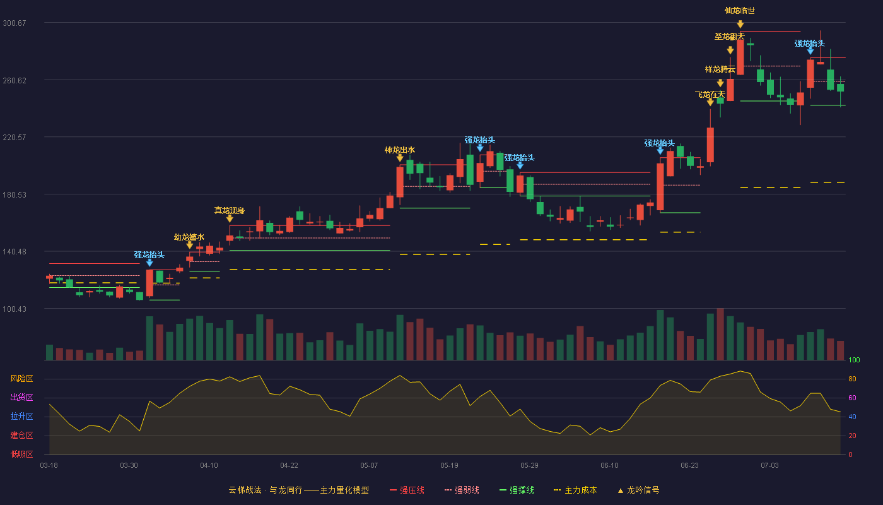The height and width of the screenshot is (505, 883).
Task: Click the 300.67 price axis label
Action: (14, 23)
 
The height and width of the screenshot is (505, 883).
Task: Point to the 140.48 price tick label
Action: (14, 251)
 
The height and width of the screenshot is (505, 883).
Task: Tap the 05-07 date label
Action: (369, 465)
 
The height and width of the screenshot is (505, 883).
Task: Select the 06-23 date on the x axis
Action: (689, 465)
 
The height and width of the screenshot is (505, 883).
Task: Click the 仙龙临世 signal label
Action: (739, 11)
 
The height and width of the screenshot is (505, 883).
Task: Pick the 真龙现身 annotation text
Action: (229, 210)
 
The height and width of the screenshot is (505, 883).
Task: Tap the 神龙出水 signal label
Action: (400, 150)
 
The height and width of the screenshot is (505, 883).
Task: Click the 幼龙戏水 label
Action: (189, 237)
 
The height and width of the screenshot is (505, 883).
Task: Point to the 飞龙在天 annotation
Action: (710, 94)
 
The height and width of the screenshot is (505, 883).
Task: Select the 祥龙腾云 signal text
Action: (720, 69)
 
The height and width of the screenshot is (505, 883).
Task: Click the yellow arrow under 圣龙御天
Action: (730, 50)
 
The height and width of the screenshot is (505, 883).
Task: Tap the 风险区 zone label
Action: (21, 378)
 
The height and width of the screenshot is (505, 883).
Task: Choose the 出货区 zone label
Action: (21, 397)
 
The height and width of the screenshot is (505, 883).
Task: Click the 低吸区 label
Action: (21, 454)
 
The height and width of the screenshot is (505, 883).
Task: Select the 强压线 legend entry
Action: (407, 490)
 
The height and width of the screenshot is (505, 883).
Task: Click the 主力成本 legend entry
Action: (575, 490)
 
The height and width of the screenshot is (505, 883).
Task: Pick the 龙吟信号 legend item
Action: (638, 490)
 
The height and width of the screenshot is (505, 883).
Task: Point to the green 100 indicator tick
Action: (854, 360)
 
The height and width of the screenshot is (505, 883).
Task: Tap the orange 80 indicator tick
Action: (852, 379)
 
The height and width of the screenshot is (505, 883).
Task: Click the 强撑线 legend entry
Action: (517, 490)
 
